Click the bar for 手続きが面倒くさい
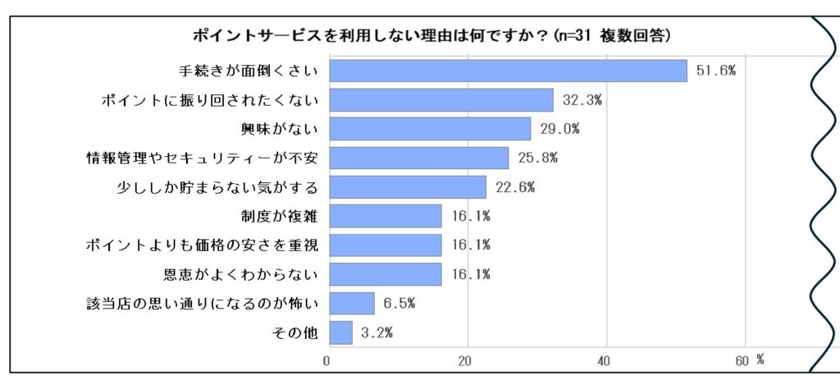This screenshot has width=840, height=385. [507, 71]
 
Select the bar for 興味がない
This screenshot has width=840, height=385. [430, 129]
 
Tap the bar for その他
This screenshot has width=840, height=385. [340, 332]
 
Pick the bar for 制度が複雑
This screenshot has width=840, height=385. [385, 216]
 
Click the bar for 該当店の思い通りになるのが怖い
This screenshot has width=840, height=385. [351, 304]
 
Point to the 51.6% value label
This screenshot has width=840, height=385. [715, 71]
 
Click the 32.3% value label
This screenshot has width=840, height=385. [582, 100]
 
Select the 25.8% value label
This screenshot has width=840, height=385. [537, 158]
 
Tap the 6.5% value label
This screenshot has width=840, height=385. [399, 304]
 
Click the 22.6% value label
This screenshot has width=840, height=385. [514, 187]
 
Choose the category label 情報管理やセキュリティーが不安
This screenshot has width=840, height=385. [202, 158]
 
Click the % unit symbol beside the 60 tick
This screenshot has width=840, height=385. [760, 359]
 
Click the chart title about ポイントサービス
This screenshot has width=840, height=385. [431, 35]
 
